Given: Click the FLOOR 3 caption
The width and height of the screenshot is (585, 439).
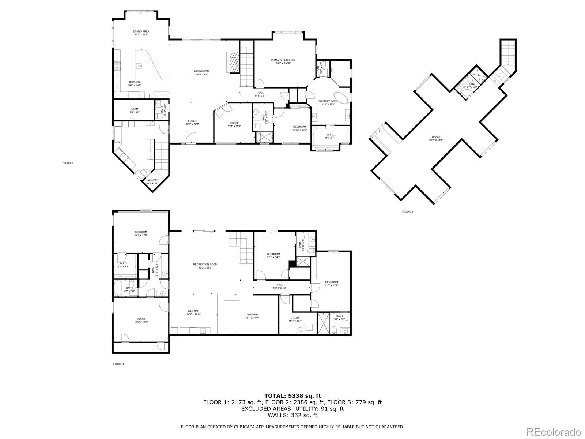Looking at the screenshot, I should pyautogui.click(x=407, y=211).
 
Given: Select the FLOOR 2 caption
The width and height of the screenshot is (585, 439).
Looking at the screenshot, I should pyautogui.click(x=68, y=163).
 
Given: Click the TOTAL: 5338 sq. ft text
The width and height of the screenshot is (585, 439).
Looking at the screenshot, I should pyautogui.click(x=292, y=395).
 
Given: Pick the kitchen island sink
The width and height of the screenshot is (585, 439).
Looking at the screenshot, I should pyautogui.click(x=139, y=66).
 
